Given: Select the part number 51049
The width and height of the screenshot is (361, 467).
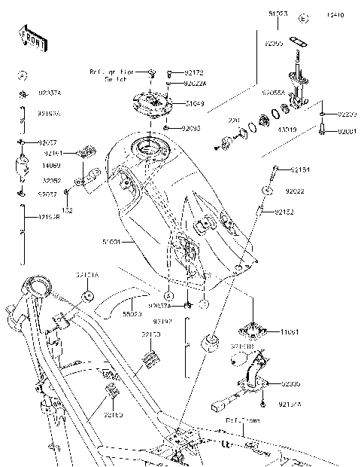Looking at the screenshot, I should click(195, 103).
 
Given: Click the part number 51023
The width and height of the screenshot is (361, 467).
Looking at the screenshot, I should click(278, 13).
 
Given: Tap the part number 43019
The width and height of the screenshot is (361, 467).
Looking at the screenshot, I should click(287, 129).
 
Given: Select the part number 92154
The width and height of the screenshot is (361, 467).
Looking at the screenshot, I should click(300, 169).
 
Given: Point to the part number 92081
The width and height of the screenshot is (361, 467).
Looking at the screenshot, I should click(347, 131).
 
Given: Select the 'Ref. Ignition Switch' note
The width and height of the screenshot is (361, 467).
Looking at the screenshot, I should click(112, 75).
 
